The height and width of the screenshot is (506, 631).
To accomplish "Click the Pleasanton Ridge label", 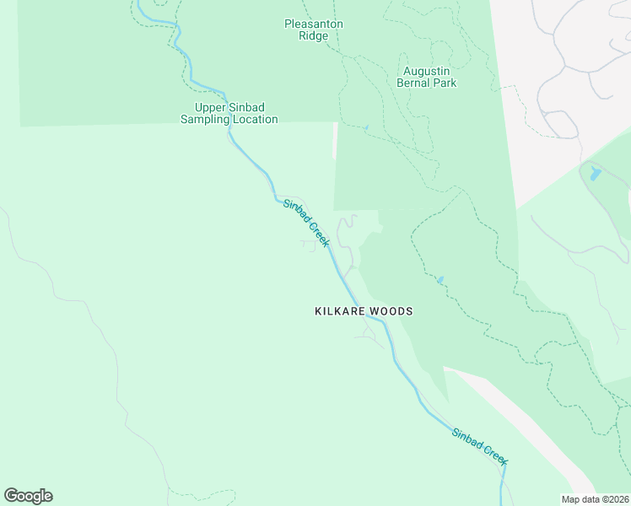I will tap(313, 30).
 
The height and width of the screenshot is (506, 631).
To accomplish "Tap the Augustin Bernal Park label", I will tap(427, 77).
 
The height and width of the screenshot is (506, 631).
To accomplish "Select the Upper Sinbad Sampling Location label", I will tap(229, 113).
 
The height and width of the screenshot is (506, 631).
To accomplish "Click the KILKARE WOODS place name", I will tap(364, 311).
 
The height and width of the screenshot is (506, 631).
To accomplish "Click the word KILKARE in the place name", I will tap(338, 311).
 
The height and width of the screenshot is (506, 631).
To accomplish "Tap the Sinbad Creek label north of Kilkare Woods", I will tap(305, 223).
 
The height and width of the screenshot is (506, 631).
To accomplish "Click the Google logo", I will tap(28, 496).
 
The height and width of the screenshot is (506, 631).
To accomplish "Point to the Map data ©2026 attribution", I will tap(595, 499).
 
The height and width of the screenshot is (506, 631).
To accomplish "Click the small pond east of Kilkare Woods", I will tap(440, 279).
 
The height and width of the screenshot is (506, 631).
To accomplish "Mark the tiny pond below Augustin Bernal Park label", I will tap(365, 128).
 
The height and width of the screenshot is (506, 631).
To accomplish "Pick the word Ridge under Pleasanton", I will tap(313, 36).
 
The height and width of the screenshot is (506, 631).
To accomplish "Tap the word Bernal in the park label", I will tap(413, 83).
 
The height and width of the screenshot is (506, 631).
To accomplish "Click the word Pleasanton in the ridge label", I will tap(313, 24).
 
